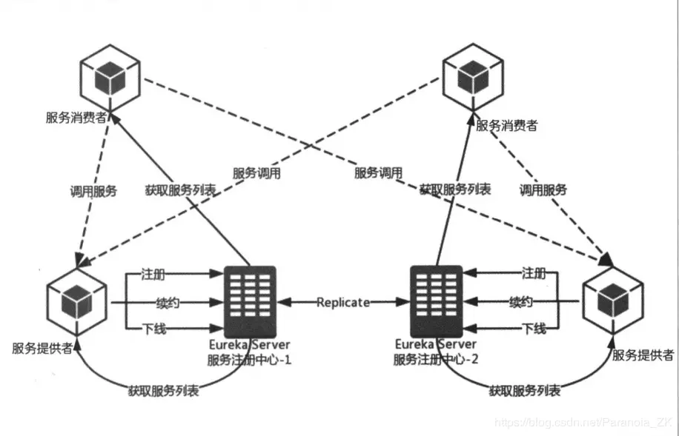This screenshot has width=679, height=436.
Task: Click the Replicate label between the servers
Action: click(342, 303)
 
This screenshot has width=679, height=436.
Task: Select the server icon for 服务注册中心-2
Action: click(436, 301)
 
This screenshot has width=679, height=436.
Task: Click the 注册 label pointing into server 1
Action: click(153, 274)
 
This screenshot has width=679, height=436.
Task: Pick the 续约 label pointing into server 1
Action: click(168, 303)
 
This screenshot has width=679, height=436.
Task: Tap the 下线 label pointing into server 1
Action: click(153, 329)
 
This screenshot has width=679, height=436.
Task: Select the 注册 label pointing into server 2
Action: click(534, 272)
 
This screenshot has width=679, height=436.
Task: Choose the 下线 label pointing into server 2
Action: click(534, 329)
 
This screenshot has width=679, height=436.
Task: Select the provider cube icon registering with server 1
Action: click(75, 302)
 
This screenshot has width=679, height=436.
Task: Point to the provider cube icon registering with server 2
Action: click(613, 301)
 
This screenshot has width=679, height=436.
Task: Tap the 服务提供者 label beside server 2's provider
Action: click(642, 356)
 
